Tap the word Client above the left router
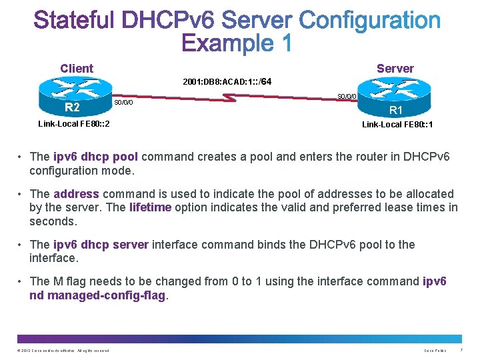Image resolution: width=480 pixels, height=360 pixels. tap(77, 69)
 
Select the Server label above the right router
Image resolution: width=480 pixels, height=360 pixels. tap(395, 69)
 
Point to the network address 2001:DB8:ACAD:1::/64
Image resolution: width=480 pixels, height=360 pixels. tap(227, 83)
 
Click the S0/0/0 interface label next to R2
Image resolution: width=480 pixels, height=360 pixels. tap(123, 103)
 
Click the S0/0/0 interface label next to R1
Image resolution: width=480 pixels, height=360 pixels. tap(347, 96)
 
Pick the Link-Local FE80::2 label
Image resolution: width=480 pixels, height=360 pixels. tap(74, 124)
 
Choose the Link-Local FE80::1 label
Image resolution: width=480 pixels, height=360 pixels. tap(397, 125)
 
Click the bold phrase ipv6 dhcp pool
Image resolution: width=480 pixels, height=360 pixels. tap(95, 157)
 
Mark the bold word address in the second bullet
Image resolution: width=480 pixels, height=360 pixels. tap(76, 194)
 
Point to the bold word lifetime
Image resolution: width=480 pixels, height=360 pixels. tap(150, 207)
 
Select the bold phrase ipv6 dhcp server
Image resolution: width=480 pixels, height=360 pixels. tap(101, 245)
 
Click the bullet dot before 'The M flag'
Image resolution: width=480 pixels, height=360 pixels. tap(21, 281)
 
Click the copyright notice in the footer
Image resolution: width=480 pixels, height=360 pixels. tap(63, 350)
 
